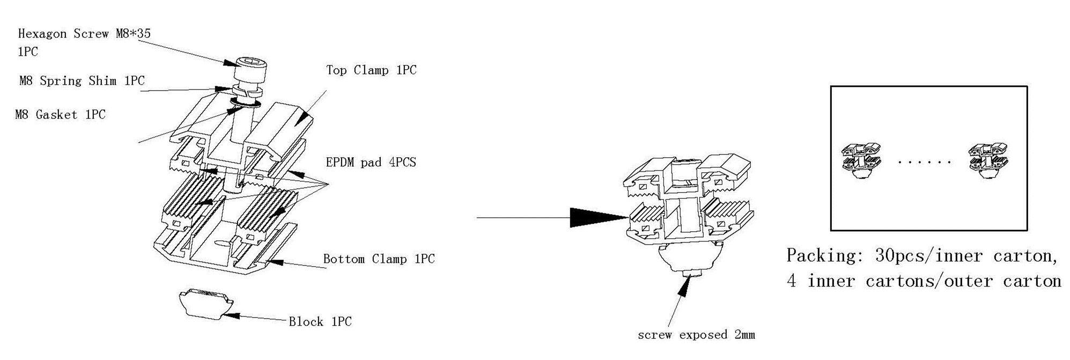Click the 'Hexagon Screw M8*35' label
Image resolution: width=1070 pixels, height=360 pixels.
pos(84,34)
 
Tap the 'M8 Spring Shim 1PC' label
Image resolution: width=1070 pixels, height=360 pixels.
pos(82,81)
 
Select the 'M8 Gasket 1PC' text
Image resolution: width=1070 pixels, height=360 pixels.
pos(60,114)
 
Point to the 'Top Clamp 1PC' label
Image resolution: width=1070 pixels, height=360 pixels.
pos(371,70)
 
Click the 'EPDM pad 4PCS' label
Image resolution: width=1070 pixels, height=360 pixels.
pos(371,162)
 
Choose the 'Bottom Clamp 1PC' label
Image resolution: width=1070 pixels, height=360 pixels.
pos(379,259)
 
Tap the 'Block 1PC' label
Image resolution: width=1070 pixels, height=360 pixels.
pos(320,322)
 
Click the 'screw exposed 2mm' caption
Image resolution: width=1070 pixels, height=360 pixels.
pos(696,335)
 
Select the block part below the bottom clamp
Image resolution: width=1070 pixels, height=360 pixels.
pos(206,303)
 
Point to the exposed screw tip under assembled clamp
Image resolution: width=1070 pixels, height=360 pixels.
pos(690,275)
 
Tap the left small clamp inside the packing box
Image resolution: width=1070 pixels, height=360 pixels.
pos(861,160)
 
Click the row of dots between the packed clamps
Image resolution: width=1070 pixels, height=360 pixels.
pos(925,161)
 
